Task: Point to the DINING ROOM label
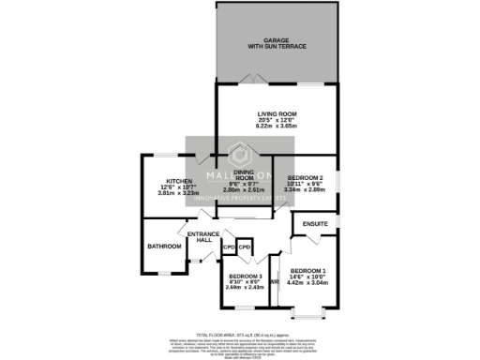click(244, 174)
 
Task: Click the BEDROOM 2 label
click(306, 177)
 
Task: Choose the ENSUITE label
click(315, 225)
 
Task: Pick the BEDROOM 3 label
click(247, 276)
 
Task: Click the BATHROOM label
click(163, 247)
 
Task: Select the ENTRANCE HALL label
click(203, 237)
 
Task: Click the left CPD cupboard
click(229, 247)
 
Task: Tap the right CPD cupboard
click(244, 247)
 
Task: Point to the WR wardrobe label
click(275, 281)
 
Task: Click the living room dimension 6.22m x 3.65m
click(276, 127)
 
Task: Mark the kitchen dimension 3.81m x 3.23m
click(179, 192)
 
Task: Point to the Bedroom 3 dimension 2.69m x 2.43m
click(247, 288)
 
